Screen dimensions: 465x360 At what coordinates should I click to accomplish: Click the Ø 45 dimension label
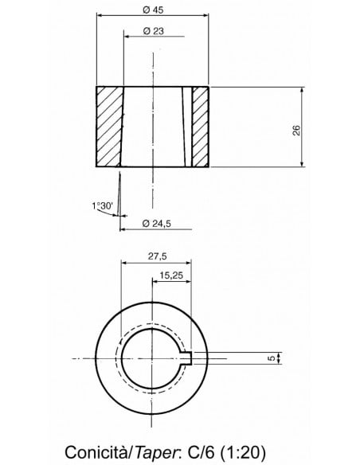point(151,9)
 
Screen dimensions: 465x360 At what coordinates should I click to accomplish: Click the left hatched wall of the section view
point(109,126)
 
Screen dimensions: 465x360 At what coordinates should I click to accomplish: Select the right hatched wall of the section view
point(201,126)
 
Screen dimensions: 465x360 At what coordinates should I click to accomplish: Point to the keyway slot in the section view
point(187,126)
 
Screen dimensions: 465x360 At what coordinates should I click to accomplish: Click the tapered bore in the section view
point(151,126)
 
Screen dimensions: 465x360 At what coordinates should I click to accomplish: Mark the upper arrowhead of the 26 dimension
point(303,90)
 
